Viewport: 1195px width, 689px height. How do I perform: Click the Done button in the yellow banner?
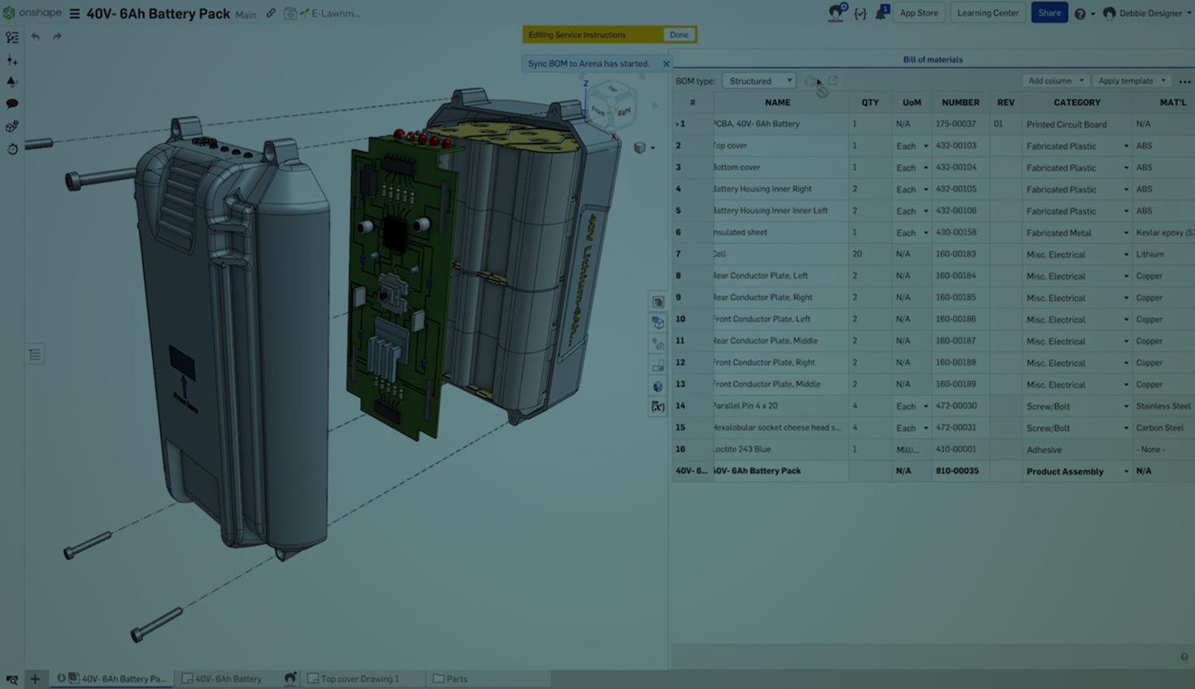point(679,35)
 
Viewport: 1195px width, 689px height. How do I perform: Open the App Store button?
point(919,13)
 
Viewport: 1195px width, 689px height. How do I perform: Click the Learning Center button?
point(988,13)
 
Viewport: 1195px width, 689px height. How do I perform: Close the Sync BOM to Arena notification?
point(667,63)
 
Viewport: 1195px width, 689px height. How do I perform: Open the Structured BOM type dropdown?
point(759,81)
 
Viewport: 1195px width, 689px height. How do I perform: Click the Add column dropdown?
point(1055,81)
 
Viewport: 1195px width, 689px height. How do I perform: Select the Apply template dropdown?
point(1131,81)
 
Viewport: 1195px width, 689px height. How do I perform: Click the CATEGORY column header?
point(1076,102)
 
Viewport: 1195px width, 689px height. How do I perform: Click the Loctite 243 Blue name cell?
point(743,449)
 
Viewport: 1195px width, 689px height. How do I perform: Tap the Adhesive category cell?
point(1044,449)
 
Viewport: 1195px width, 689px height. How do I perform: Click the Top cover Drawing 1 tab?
point(359,678)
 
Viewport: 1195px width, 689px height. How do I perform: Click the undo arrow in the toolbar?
point(35,37)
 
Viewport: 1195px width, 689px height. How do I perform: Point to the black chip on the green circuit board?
point(395,234)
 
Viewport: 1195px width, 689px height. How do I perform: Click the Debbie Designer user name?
point(1149,13)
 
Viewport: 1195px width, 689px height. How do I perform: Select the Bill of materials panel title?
point(932,59)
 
